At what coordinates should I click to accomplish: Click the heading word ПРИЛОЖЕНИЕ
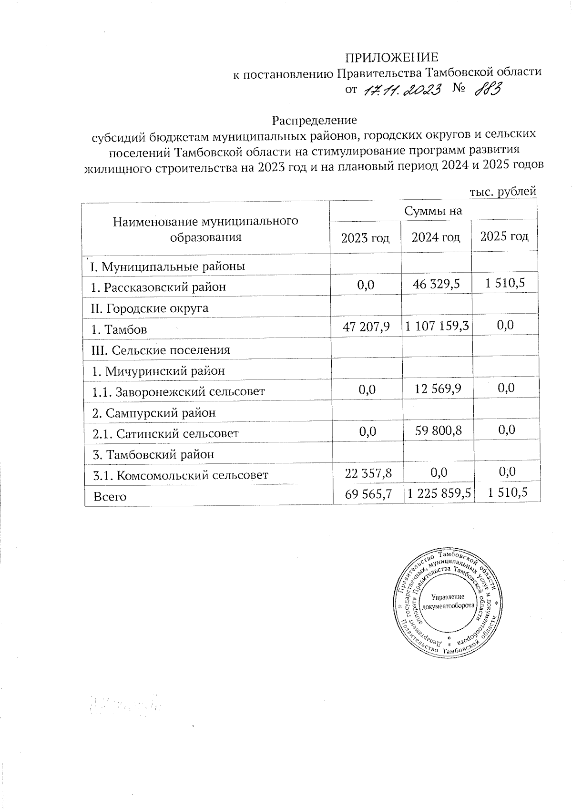click(391, 58)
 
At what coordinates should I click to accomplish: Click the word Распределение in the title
click(314, 119)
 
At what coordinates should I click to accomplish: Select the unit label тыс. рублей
click(503, 192)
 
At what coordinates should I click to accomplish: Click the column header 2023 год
click(365, 237)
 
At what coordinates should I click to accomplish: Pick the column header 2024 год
click(436, 237)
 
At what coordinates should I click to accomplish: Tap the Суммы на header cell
click(433, 211)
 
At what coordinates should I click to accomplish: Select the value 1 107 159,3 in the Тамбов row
click(437, 326)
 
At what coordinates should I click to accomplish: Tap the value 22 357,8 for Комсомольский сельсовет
click(368, 472)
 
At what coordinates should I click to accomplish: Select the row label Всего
click(110, 496)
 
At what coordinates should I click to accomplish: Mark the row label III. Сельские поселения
click(161, 350)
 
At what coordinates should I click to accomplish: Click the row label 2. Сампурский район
click(153, 413)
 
